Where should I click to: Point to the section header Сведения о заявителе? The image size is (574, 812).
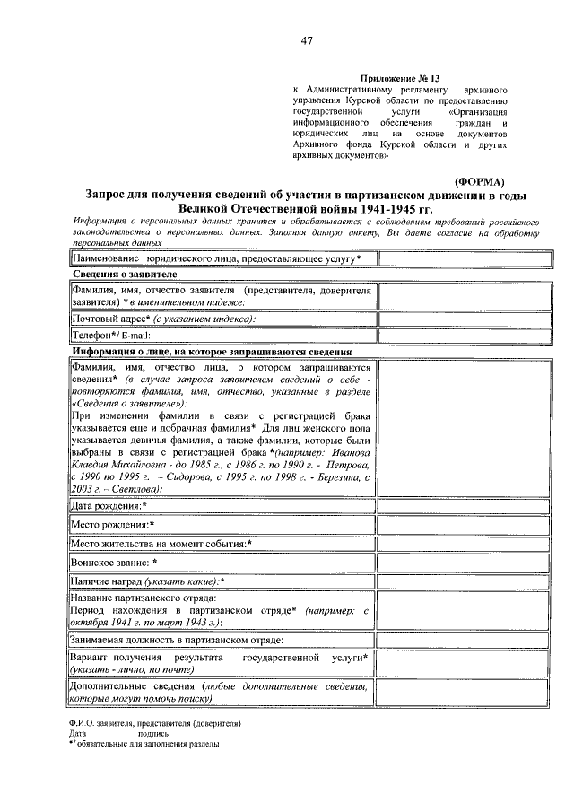coord(125,274)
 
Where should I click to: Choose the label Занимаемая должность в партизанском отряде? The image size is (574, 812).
coord(177,640)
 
